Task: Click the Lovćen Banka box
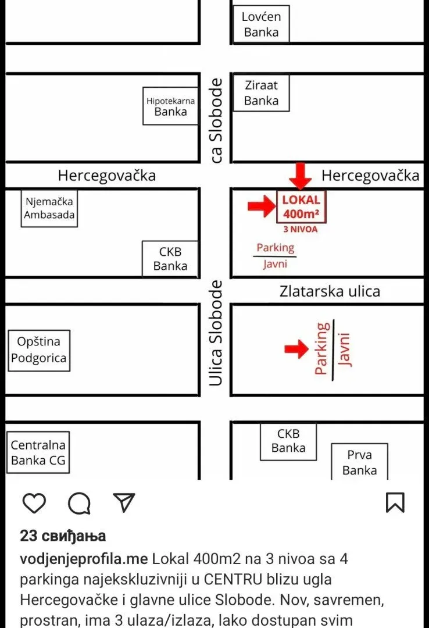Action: tap(261, 24)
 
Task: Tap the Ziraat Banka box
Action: tap(261, 92)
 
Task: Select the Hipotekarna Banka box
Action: tap(171, 106)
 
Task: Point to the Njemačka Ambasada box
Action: tap(49, 208)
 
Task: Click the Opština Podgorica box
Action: tap(40, 351)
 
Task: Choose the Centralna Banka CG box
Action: tap(38, 452)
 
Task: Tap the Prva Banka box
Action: tap(360, 461)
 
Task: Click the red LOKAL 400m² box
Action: tap(301, 206)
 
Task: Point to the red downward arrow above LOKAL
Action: tap(301, 176)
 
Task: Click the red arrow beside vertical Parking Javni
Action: tap(297, 349)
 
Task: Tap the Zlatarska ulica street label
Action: tap(330, 291)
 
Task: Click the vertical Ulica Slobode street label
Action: tap(216, 333)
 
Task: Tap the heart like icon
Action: tap(34, 502)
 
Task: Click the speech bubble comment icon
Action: tap(79, 503)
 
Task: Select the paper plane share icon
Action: tap(124, 502)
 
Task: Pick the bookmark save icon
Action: tap(395, 502)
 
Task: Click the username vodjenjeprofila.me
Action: tap(84, 559)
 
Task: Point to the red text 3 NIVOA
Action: tap(301, 230)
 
